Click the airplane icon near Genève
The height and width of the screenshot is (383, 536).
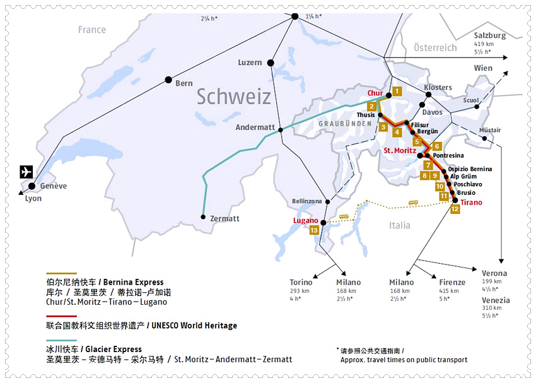(26, 172)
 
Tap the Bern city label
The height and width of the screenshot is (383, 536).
(184, 83)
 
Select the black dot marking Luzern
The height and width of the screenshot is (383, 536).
(271, 62)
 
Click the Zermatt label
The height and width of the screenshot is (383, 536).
(224, 218)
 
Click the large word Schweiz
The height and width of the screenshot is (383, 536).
(233, 97)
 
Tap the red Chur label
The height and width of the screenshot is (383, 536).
(375, 93)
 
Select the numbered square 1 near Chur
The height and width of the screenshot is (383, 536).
(397, 91)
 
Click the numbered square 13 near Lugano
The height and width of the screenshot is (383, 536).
(315, 231)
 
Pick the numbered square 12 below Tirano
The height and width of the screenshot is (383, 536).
(455, 209)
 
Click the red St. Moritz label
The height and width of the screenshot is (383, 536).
(400, 151)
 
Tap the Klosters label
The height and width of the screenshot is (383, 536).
(438, 87)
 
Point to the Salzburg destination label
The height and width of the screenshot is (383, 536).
(490, 36)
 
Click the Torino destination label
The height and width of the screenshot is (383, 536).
(301, 282)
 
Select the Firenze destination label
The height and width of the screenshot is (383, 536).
(452, 282)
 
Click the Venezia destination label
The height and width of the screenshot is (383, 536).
(496, 300)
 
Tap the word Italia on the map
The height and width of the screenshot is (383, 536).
(399, 225)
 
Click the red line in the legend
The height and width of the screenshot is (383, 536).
(61, 316)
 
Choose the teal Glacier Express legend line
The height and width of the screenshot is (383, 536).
(61, 340)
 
